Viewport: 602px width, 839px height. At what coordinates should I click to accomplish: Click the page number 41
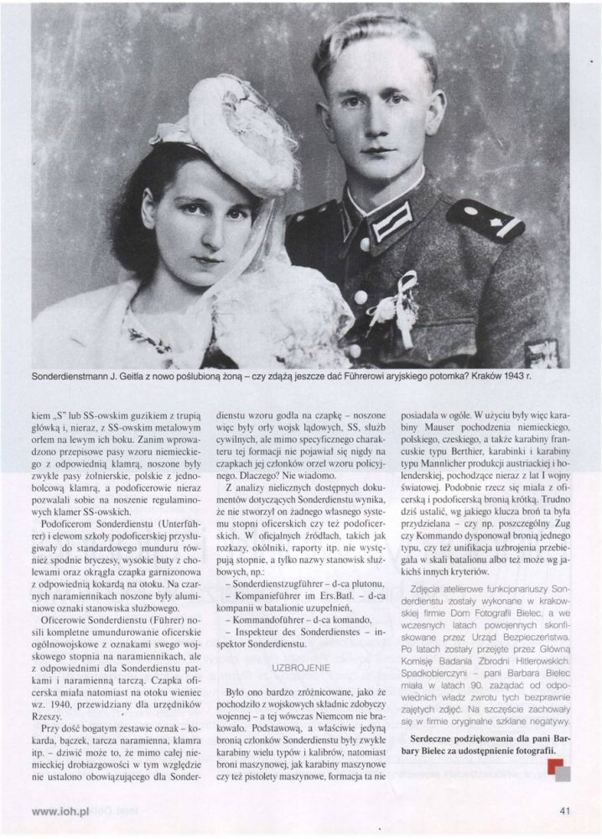coord(565,811)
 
